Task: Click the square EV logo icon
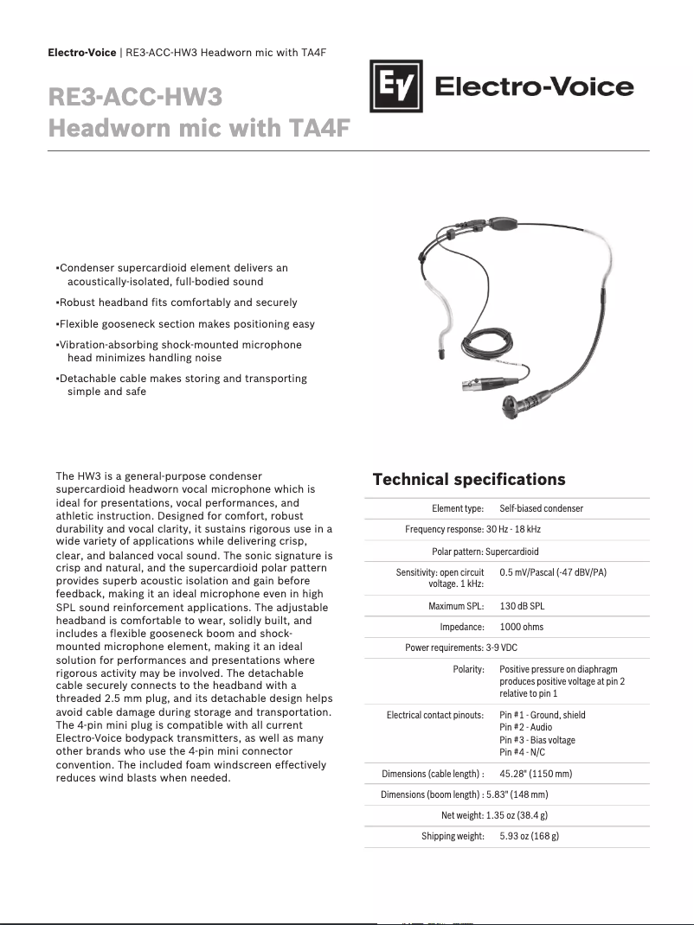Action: coord(395,86)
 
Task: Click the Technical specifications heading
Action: coord(468,480)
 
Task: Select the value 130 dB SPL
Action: coord(521,606)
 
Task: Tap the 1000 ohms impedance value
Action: coord(521,627)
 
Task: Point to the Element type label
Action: coord(458,508)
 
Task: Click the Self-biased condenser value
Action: coord(541,508)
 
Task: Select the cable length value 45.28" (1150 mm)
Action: coord(535,773)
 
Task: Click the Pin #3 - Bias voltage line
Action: coord(537,740)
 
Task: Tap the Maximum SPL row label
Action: coord(456,606)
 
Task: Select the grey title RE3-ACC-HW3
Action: coord(136,97)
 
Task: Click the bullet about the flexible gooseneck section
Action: coord(185,324)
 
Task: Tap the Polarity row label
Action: coord(468,669)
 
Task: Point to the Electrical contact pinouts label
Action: coord(434,715)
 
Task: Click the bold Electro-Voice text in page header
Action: coord(81,53)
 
